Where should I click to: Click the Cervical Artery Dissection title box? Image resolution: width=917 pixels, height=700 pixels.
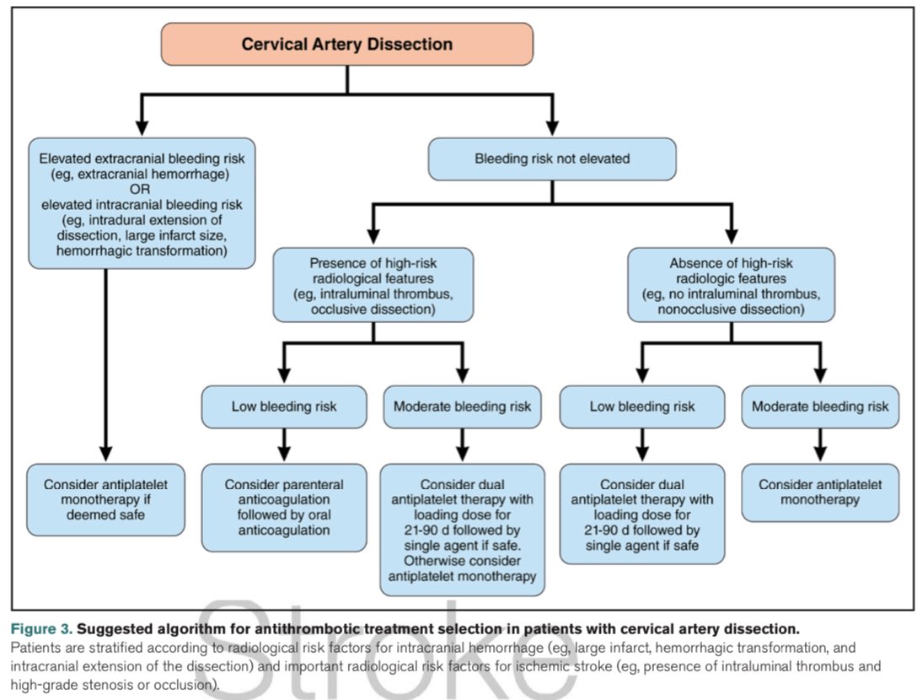[x=346, y=44]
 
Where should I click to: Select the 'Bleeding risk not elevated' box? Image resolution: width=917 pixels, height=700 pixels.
[x=552, y=159]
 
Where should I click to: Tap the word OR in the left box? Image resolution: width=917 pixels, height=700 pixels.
[x=141, y=189]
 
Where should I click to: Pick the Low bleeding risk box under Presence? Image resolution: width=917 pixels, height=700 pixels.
[x=284, y=407]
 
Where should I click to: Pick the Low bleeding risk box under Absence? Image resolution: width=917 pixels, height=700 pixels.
[x=642, y=407]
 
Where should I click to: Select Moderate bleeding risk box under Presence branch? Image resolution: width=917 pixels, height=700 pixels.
[x=462, y=407]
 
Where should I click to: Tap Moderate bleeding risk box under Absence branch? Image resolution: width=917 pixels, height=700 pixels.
[x=819, y=407]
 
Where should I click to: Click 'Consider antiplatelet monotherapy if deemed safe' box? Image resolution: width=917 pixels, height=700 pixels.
[x=106, y=498]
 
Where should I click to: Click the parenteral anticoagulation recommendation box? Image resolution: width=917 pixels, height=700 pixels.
[x=284, y=508]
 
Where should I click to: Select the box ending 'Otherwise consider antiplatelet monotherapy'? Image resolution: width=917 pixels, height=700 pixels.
[x=462, y=530]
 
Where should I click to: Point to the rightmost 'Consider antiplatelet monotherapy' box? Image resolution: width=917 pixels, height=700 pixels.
[x=819, y=493]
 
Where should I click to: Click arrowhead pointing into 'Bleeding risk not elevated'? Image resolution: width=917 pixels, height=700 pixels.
[x=552, y=127]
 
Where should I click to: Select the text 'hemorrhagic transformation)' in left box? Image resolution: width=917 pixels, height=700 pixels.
[x=141, y=250]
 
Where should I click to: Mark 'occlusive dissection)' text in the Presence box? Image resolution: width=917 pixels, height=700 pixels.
[x=373, y=310]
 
